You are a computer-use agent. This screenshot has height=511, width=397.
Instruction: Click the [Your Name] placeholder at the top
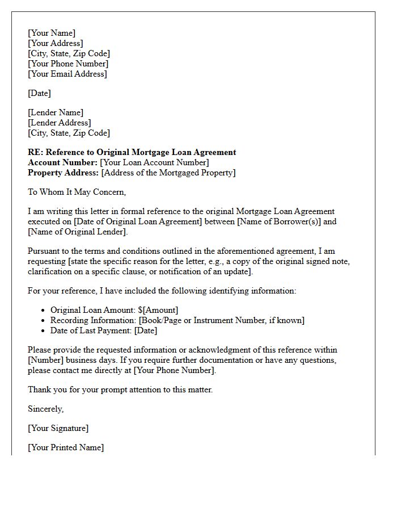pos(52,33)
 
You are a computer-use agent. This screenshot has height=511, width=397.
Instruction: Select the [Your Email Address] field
pos(67,74)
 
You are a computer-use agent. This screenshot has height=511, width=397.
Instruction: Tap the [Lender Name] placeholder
pos(56,112)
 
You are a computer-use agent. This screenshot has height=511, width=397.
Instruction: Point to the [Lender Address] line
pos(59,123)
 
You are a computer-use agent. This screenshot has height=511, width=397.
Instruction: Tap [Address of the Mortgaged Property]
pos(168,173)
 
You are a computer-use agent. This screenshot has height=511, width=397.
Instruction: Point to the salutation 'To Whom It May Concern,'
pos(77,192)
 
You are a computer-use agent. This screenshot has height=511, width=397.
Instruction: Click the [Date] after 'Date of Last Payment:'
pos(146,330)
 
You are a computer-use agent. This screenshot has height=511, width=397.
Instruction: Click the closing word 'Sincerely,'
pos(46,409)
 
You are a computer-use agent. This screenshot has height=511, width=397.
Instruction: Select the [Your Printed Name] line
pos(66,447)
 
